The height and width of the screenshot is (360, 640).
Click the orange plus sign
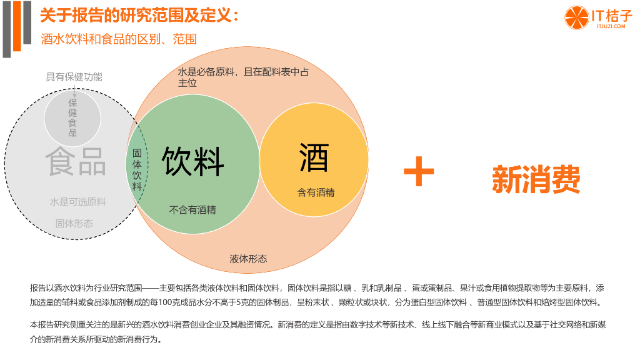[418, 171]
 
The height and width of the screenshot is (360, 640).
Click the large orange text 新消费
[536, 179]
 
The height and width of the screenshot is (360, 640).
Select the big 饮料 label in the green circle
[192, 161]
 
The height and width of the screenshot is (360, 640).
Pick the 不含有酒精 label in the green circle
[192, 210]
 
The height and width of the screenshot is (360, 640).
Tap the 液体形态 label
[248, 259]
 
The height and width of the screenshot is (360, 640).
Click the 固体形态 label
[74, 223]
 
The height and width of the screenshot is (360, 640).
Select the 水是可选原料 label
[78, 202]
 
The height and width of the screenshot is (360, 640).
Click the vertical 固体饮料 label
[137, 169]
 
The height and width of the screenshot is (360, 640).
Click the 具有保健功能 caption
[74, 77]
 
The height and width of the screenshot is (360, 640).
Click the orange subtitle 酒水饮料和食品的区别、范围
[119, 39]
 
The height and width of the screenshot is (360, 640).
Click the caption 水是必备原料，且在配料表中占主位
[243, 77]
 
